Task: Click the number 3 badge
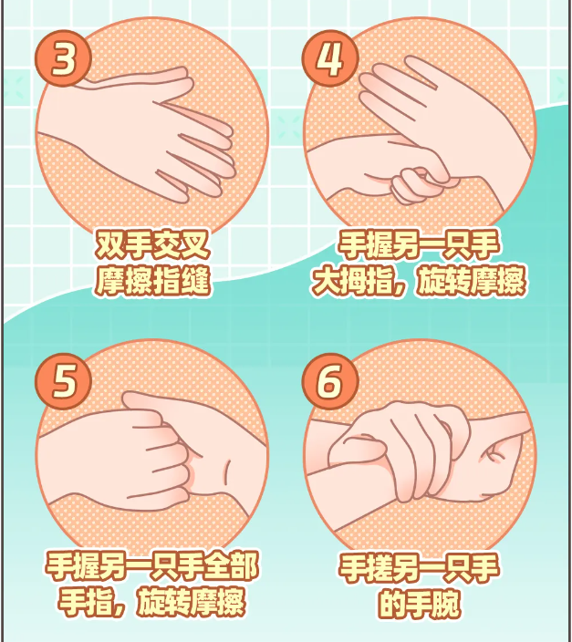tap(63, 58)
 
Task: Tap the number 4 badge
tap(330, 58)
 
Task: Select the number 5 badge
tap(63, 381)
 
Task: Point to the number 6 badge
tap(330, 381)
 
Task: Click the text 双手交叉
tap(152, 244)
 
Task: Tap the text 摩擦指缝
tap(152, 281)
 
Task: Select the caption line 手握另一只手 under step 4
tap(419, 244)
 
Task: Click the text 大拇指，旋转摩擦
tap(419, 281)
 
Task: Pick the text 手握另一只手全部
tap(152, 566)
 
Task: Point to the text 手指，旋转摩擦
tap(152, 602)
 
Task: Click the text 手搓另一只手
tap(419, 568)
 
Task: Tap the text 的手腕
tap(419, 604)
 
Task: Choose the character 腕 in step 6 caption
tap(446, 604)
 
